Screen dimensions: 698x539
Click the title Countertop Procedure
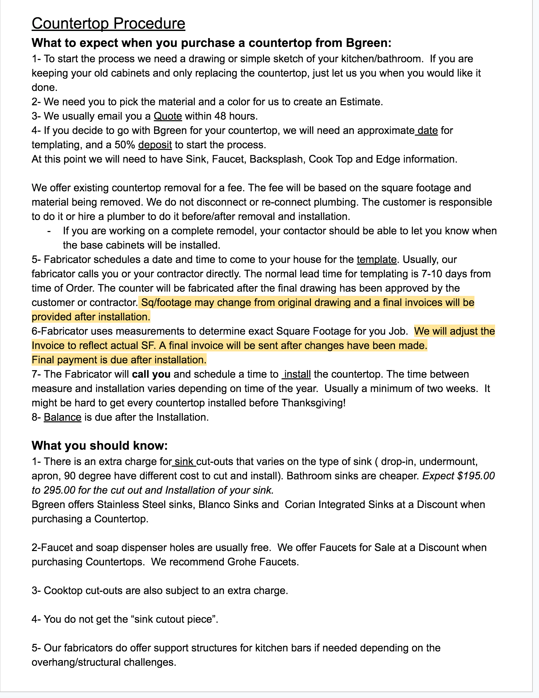click(x=108, y=24)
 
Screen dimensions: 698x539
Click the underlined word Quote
click(x=168, y=116)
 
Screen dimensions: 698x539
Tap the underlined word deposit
click(x=155, y=145)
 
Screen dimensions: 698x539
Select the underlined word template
click(x=376, y=259)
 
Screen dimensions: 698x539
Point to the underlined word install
click(x=297, y=374)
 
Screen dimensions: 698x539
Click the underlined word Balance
click(x=63, y=417)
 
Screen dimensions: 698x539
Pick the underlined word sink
click(x=184, y=461)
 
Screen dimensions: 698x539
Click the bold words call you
click(x=151, y=374)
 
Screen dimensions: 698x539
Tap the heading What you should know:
click(x=100, y=445)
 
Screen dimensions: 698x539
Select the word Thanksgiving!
click(x=313, y=403)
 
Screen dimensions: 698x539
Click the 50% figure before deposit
click(x=124, y=145)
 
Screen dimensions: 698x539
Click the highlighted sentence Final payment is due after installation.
click(x=119, y=360)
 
